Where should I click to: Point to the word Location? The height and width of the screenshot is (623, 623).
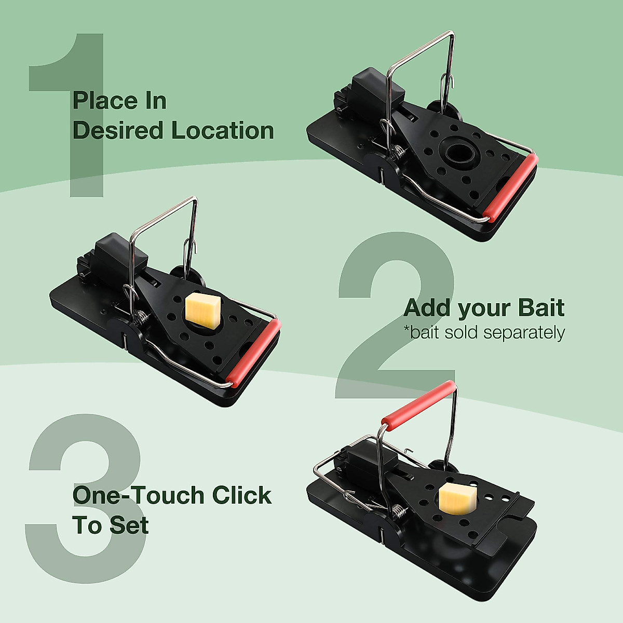coord(223,130)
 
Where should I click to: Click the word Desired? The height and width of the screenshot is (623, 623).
coord(119,130)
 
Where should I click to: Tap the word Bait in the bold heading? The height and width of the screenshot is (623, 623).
coord(541,308)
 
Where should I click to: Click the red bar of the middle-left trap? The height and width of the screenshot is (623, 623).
coord(254,354)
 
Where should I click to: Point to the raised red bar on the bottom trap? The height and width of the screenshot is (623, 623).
coord(419,404)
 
